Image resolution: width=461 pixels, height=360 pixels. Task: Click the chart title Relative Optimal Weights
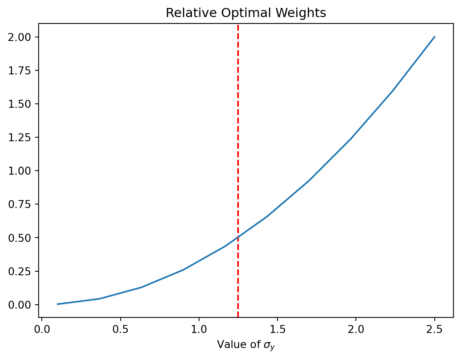tap(246, 13)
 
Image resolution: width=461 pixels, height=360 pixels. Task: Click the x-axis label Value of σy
tap(246, 345)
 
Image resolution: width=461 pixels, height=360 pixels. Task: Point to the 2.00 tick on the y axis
tap(23, 37)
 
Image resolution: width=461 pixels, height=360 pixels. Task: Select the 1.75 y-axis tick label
tap(23, 70)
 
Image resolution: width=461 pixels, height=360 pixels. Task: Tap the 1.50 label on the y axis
tap(23, 104)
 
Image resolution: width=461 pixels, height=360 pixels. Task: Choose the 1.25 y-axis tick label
tap(23, 137)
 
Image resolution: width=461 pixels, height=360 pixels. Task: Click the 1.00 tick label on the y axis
tap(23, 171)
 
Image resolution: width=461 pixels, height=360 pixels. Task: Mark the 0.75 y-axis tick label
tap(23, 204)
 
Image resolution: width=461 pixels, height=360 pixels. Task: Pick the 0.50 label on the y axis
tap(23, 237)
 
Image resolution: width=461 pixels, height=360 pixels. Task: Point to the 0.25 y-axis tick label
tap(23, 271)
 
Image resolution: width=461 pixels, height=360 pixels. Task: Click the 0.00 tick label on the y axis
tap(23, 305)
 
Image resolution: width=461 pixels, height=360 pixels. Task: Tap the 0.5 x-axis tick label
tap(120, 329)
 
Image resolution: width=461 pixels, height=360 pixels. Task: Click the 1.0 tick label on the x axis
tap(199, 329)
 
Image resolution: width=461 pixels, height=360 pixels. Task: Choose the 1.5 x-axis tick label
tap(277, 329)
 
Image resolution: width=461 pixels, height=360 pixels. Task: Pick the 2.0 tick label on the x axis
tap(356, 329)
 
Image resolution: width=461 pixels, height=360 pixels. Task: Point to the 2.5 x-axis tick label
tap(434, 329)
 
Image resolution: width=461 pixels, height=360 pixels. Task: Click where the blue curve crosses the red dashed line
tap(238, 237)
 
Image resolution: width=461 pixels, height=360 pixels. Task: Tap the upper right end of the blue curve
tap(434, 37)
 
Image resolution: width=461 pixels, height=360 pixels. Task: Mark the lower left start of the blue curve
tap(58, 304)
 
